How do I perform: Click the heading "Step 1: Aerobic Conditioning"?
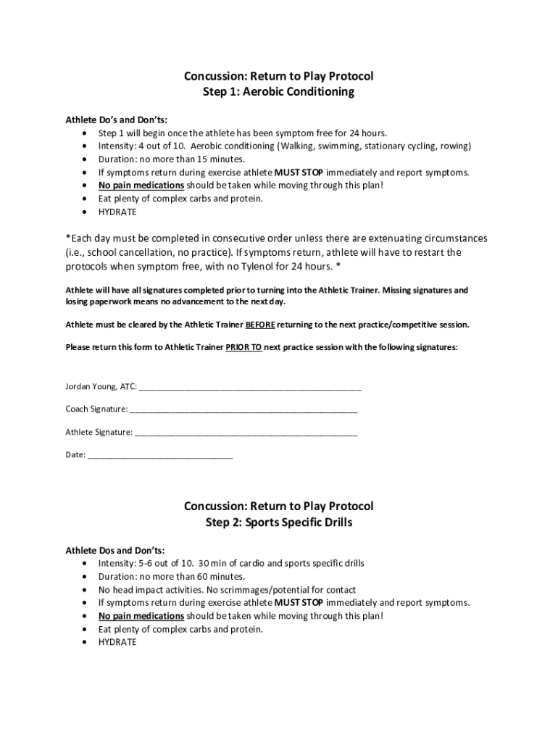[x=279, y=92]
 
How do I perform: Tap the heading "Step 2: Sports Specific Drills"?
[x=279, y=522]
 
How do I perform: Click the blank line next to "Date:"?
[x=160, y=457]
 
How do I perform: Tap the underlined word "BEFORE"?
[x=260, y=324]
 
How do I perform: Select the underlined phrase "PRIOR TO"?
[x=243, y=347]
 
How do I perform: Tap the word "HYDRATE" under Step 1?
[x=117, y=212]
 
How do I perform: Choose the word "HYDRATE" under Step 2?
[x=117, y=642]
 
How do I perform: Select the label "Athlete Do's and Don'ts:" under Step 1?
[x=117, y=120]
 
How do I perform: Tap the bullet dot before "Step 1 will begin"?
[x=86, y=133]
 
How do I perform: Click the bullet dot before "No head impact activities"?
[x=86, y=590]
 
